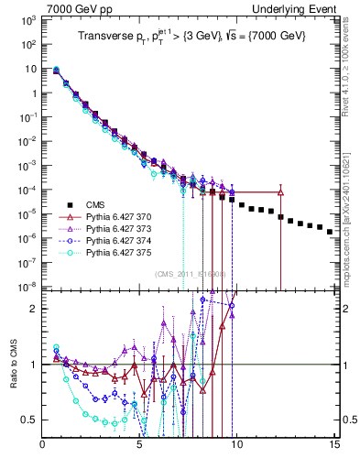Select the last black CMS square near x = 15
pos(330,232)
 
